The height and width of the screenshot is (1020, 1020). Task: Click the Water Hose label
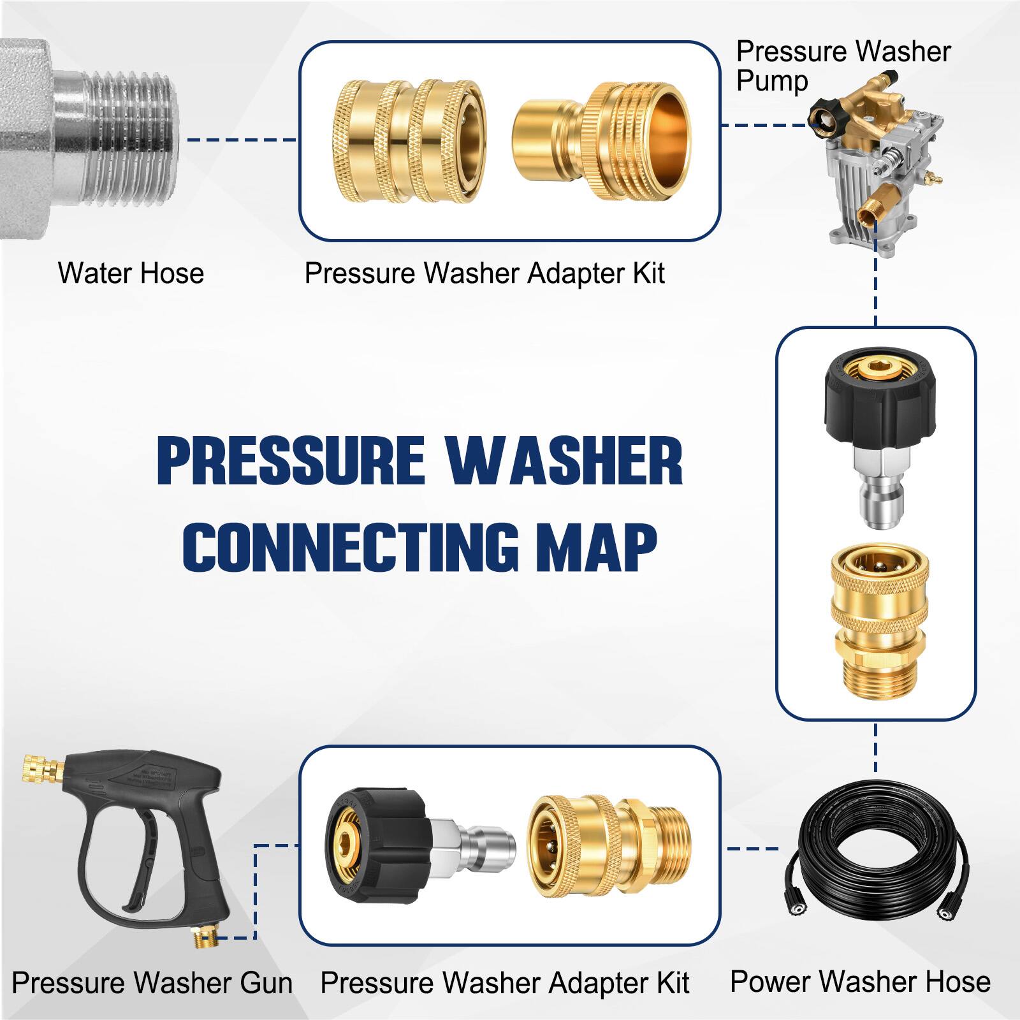click(131, 273)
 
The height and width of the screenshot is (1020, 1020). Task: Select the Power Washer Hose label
click(860, 981)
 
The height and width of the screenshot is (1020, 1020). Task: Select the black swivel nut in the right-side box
click(873, 395)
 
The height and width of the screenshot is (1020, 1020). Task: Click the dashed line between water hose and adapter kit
click(242, 140)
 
